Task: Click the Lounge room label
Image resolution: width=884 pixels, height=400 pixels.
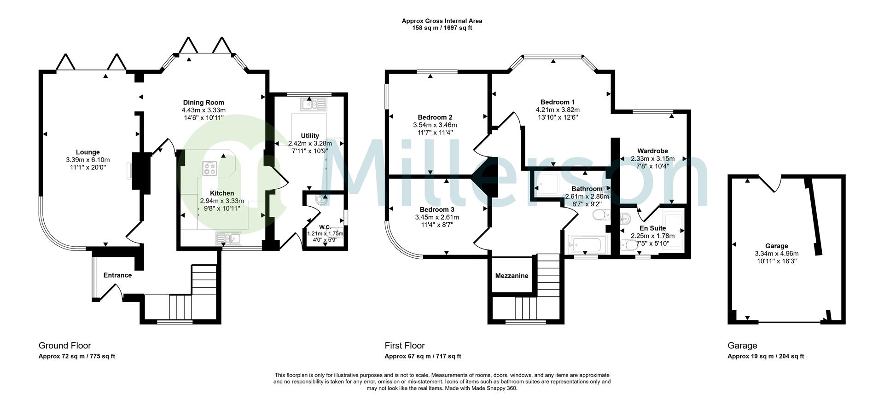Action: pos(87,152)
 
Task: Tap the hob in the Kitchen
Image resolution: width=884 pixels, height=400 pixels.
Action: pos(209,168)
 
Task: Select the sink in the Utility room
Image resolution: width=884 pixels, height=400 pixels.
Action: pos(314,104)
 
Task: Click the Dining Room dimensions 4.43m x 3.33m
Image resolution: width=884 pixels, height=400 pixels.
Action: pos(204,110)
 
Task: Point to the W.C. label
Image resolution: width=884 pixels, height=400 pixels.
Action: pos(325,227)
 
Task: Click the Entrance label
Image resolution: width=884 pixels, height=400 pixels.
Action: pos(117,275)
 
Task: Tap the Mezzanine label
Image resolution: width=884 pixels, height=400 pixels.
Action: pos(512,276)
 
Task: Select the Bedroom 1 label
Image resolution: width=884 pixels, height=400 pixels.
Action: pos(558,102)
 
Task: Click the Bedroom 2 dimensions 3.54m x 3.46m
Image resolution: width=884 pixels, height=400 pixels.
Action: pos(435,125)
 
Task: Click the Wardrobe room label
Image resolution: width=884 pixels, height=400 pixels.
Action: pos(652,151)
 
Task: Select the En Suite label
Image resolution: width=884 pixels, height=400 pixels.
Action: pos(652,228)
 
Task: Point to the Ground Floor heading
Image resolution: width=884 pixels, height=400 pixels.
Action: pos(65,346)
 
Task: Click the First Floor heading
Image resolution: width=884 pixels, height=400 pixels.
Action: pos(405,346)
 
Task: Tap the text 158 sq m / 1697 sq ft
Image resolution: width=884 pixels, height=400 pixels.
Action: pos(442,28)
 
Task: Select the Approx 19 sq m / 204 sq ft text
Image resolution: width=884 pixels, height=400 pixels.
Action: pos(766,356)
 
